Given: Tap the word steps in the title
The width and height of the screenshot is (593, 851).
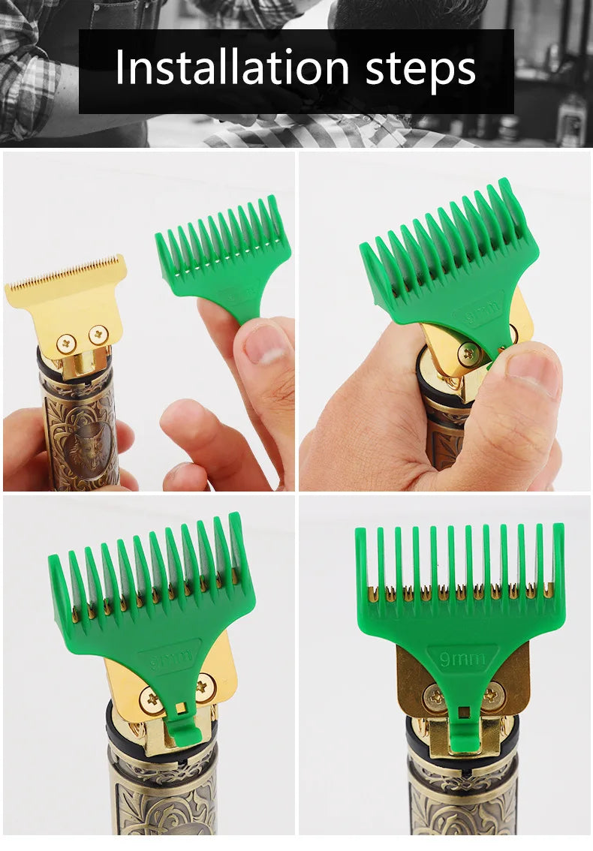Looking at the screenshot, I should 420,69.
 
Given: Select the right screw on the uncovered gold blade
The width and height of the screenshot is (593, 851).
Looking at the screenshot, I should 98,335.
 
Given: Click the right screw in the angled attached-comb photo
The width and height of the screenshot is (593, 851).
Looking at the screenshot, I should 204,685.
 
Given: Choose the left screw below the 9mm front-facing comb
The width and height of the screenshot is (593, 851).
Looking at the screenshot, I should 433,696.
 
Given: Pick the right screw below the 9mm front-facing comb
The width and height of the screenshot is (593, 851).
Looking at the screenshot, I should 492,696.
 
